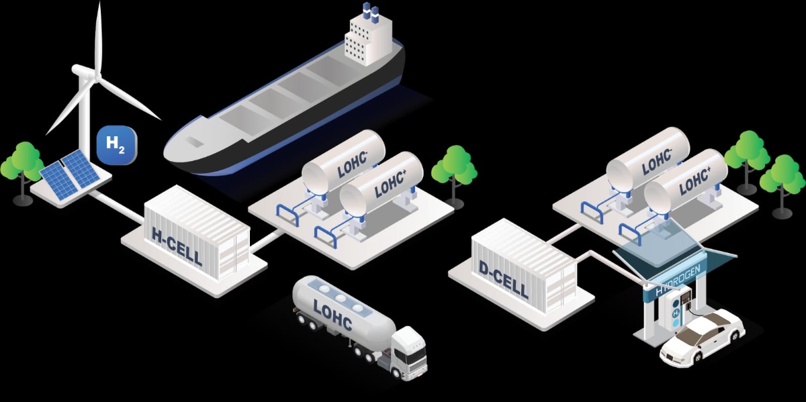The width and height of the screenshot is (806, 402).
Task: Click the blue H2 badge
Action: tap(117, 145)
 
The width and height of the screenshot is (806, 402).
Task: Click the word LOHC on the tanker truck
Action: tap(332, 314)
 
